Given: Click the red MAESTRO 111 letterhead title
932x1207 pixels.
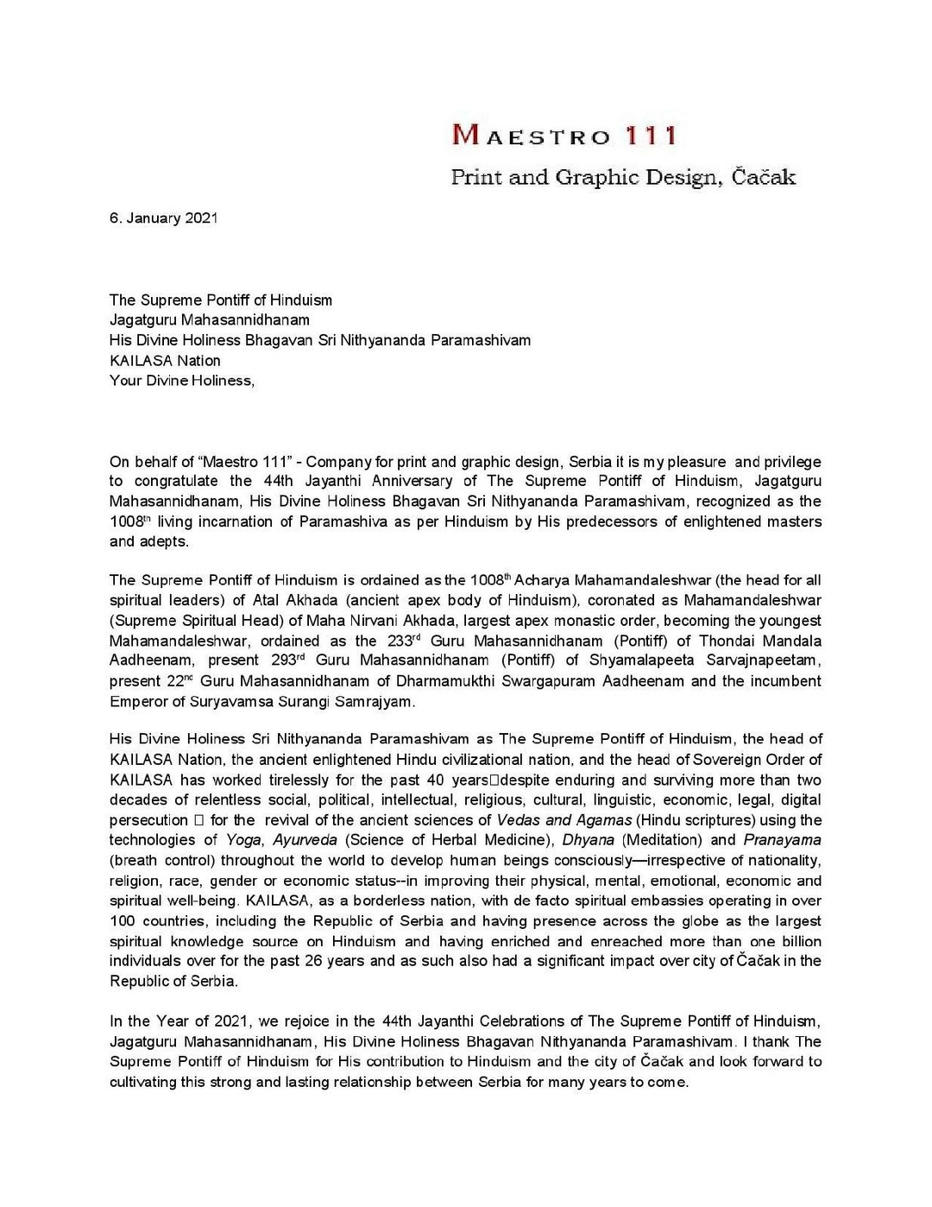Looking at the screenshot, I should (564, 136).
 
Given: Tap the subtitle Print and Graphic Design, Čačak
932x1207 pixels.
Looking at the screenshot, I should (623, 178).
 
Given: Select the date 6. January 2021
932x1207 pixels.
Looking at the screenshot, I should (163, 218).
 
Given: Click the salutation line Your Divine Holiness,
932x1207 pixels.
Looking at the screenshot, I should (182, 381).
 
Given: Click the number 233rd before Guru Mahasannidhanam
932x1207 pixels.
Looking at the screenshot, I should (403, 641).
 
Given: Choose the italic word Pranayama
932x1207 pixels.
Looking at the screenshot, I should (782, 840).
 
